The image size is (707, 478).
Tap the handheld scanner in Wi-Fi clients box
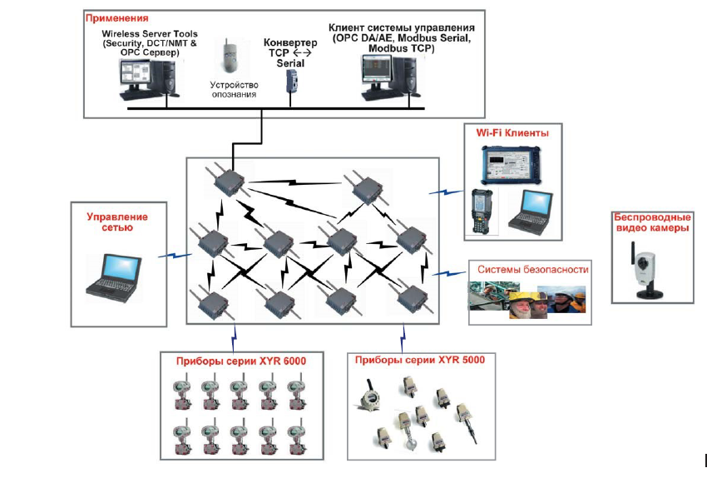(482, 208)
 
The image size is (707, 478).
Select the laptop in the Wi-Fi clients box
(529, 209)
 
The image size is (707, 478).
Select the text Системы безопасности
(533, 269)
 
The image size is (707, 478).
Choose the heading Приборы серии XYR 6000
(242, 361)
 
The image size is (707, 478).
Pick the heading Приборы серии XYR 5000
(420, 360)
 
